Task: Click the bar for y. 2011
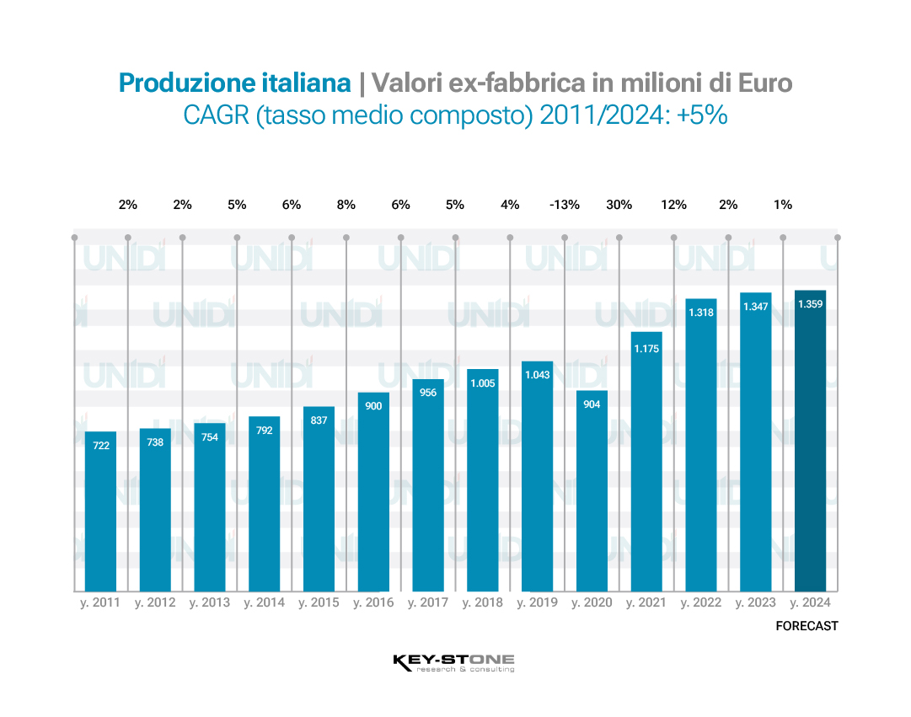(x=100, y=511)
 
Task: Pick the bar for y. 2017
(x=428, y=485)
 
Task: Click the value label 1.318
(x=701, y=313)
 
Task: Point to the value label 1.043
(x=537, y=375)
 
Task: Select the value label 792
(x=264, y=431)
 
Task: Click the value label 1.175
(x=646, y=345)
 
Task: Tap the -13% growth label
(x=564, y=205)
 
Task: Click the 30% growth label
(x=619, y=205)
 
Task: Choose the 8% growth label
(x=346, y=205)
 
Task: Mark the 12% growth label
(x=673, y=205)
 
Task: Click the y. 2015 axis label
(x=319, y=603)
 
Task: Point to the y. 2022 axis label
(x=701, y=603)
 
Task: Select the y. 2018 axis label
(x=482, y=603)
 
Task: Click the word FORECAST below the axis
(x=807, y=626)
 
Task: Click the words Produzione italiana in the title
(x=234, y=83)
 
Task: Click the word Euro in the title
(x=764, y=83)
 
